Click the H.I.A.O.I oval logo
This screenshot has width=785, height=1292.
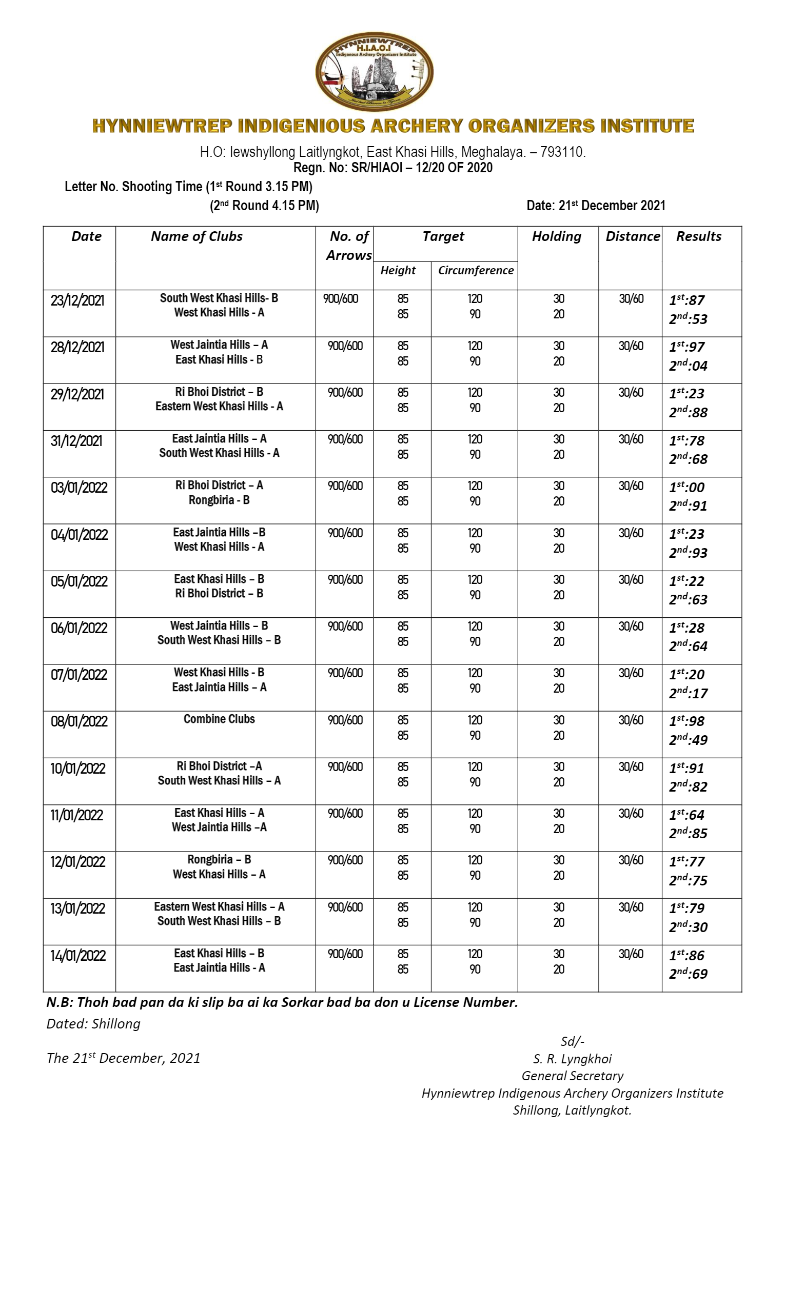tap(374, 72)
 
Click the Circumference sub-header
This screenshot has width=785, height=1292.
tap(476, 271)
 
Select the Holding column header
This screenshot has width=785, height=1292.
tap(556, 236)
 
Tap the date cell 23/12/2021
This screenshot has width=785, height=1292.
tap(77, 300)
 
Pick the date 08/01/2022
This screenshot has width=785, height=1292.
tap(78, 721)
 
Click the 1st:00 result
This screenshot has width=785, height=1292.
tap(686, 487)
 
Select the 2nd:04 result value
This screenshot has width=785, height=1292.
tap(688, 366)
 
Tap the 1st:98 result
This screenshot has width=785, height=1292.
tap(686, 721)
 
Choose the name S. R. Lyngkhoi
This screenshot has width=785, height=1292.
tap(572, 1059)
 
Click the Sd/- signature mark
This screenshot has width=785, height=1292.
tap(572, 1041)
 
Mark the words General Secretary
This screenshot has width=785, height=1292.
tap(572, 1076)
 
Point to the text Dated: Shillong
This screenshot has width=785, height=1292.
tap(93, 1023)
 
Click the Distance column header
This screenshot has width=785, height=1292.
tap(632, 236)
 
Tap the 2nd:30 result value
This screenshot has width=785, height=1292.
tap(688, 927)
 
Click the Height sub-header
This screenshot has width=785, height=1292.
tap(398, 271)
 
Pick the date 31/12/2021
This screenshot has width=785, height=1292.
tap(76, 441)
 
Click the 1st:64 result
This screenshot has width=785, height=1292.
tap(686, 815)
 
